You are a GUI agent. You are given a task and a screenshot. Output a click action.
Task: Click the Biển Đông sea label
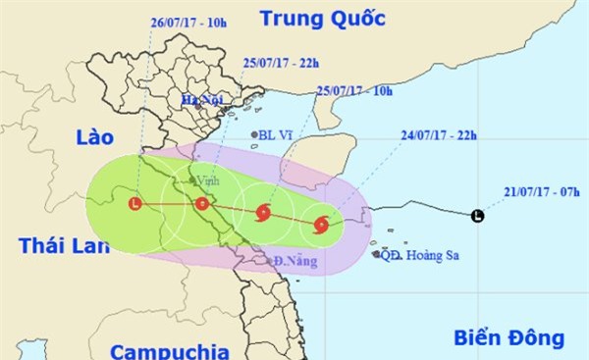[x=509, y=339]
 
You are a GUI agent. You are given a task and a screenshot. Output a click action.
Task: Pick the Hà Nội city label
[x=202, y=99]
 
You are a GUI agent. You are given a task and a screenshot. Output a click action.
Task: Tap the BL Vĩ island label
[x=270, y=135]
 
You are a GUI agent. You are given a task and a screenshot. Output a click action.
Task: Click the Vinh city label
[x=208, y=180]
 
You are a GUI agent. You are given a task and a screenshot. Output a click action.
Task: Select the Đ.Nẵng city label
[x=292, y=261]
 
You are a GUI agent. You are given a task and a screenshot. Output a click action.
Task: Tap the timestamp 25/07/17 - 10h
[x=352, y=92]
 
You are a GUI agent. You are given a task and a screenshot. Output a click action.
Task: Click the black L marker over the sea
[x=477, y=216]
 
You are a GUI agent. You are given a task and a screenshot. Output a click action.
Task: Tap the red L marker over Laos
[x=134, y=203]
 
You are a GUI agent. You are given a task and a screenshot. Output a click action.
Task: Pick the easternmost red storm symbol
[x=322, y=226]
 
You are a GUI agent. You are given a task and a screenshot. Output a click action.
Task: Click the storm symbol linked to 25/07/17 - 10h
[x=262, y=213]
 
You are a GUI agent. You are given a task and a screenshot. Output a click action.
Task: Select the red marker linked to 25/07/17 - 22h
[x=201, y=204]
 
